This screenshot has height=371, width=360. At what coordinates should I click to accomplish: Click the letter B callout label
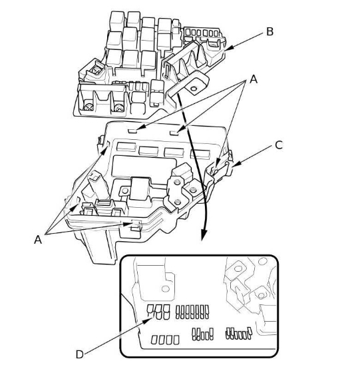[x=270, y=31]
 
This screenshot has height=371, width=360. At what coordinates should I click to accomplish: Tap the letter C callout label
[x=279, y=145]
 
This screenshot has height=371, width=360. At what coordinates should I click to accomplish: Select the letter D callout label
[x=80, y=354]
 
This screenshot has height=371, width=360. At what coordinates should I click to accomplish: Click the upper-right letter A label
[x=254, y=79]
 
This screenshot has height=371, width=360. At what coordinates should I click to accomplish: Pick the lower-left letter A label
[x=38, y=240]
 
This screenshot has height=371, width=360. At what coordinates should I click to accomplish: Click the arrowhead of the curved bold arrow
[x=204, y=235]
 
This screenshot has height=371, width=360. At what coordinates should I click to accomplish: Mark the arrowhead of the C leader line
[x=236, y=164]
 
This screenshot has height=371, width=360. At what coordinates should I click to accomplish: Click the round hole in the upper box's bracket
[x=194, y=89]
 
